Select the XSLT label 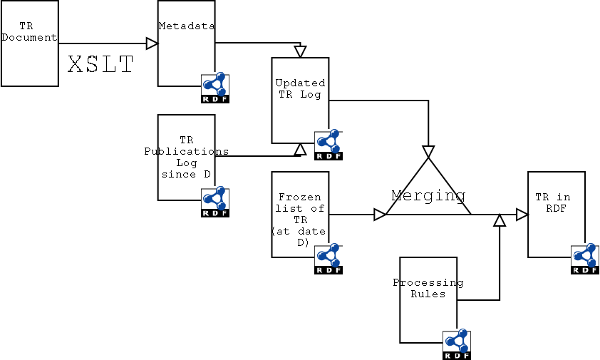pyautogui.click(x=100, y=66)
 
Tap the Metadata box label pyautogui.click(x=187, y=26)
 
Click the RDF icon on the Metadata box pyautogui.click(x=214, y=88)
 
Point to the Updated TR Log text pyautogui.click(x=300, y=88)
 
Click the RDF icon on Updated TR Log pyautogui.click(x=329, y=145)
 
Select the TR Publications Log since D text pyautogui.click(x=186, y=157)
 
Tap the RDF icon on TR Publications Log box pyautogui.click(x=214, y=202)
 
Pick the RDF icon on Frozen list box pyautogui.click(x=329, y=259)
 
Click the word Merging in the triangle pyautogui.click(x=428, y=195)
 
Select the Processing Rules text pyautogui.click(x=428, y=288)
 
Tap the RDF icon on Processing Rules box pyautogui.click(x=457, y=344)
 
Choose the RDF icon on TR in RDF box pyautogui.click(x=585, y=259)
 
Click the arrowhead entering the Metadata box pyautogui.click(x=152, y=43)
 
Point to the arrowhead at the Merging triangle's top pyautogui.click(x=428, y=152)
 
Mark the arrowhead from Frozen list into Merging pyautogui.click(x=380, y=215)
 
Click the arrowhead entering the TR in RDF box pyautogui.click(x=522, y=215)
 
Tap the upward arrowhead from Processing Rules pyautogui.click(x=500, y=221)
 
